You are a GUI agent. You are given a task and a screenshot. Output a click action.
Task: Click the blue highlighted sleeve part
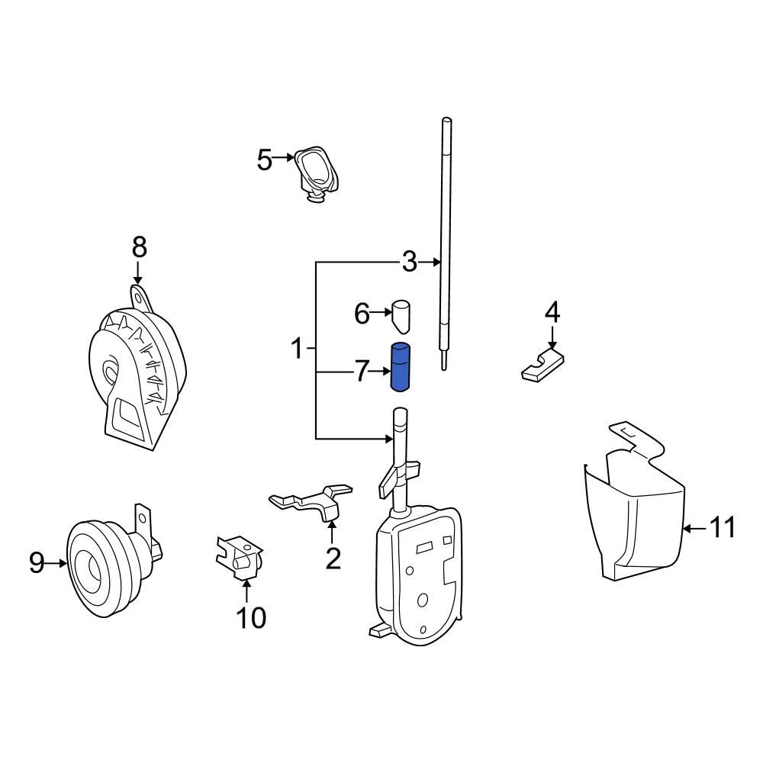click(401, 367)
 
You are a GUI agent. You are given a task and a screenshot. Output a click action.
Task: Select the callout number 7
click(362, 372)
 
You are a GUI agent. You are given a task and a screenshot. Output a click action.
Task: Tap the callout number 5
click(264, 160)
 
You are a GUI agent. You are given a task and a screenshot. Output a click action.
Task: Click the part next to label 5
click(317, 172)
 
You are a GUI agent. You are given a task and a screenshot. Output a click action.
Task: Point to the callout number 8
click(138, 247)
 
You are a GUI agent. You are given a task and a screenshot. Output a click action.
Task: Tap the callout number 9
click(37, 564)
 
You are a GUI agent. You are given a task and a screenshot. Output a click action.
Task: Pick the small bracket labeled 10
click(240, 560)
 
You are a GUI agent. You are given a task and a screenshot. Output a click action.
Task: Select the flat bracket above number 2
click(313, 502)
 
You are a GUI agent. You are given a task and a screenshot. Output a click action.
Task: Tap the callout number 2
click(333, 559)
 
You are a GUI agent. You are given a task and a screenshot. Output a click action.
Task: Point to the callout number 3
click(410, 262)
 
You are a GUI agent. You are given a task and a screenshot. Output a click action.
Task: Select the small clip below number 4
click(542, 365)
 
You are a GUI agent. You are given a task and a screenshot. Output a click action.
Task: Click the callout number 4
click(552, 313)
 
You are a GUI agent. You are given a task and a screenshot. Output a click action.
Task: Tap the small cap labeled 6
click(401, 315)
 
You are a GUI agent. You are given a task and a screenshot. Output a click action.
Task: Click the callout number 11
click(722, 527)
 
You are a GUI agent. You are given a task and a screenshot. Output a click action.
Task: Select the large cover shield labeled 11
click(633, 519)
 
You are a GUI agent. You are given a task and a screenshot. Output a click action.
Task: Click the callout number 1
click(297, 349)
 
